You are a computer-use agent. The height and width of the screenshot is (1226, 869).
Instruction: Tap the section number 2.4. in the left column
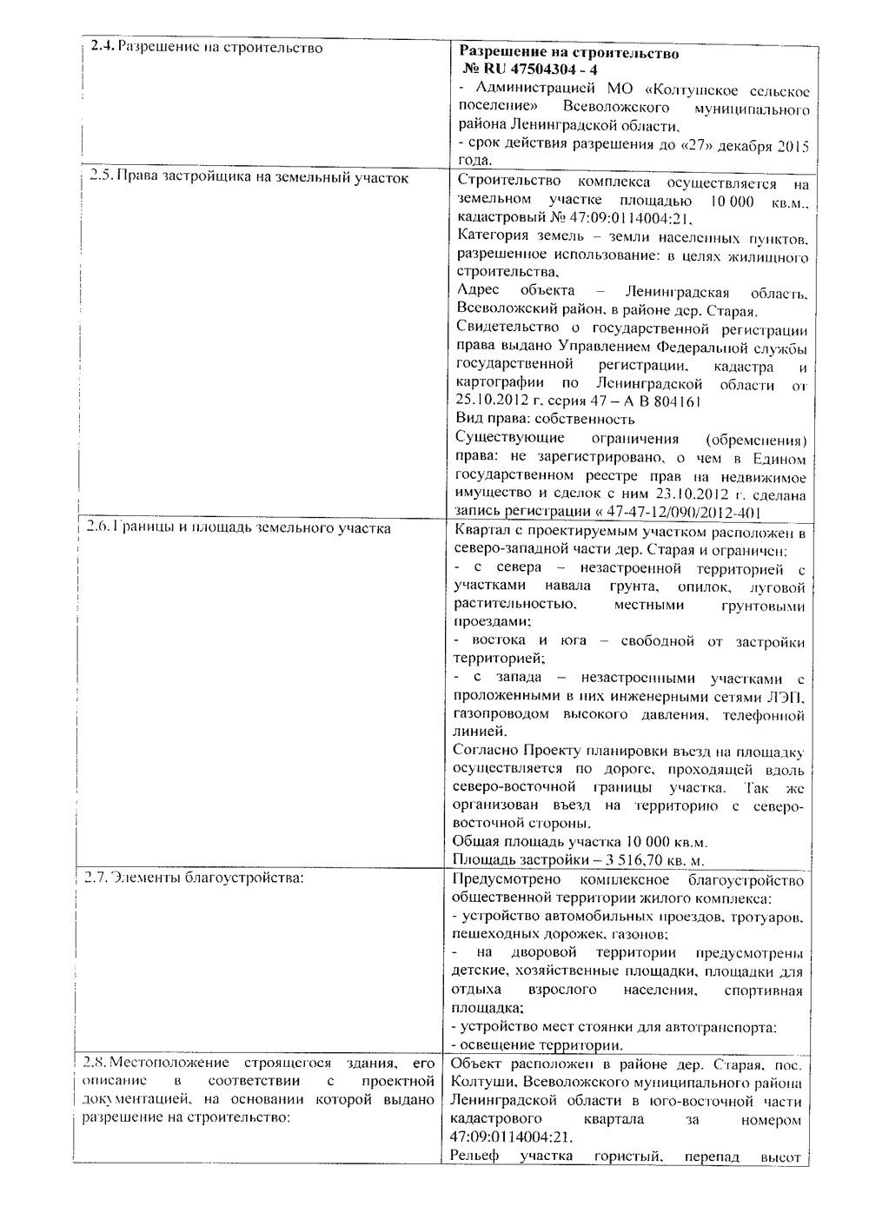[x=101, y=47]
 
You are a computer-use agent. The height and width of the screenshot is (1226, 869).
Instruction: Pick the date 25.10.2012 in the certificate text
[x=489, y=401]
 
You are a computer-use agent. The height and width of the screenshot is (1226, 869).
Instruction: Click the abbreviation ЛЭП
[x=787, y=697]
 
